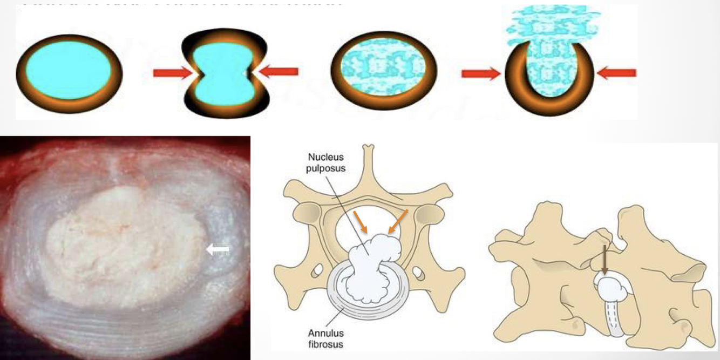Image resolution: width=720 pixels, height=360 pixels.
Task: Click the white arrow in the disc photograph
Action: (218, 249)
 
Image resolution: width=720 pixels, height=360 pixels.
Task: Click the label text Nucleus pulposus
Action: (327, 162)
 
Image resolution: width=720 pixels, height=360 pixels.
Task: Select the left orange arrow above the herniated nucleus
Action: (360, 223)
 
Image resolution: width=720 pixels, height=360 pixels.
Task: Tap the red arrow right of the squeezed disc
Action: (279, 71)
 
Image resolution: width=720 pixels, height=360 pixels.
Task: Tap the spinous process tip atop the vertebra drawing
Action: (368, 147)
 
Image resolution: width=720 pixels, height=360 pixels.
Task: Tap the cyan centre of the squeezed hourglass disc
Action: (221, 73)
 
